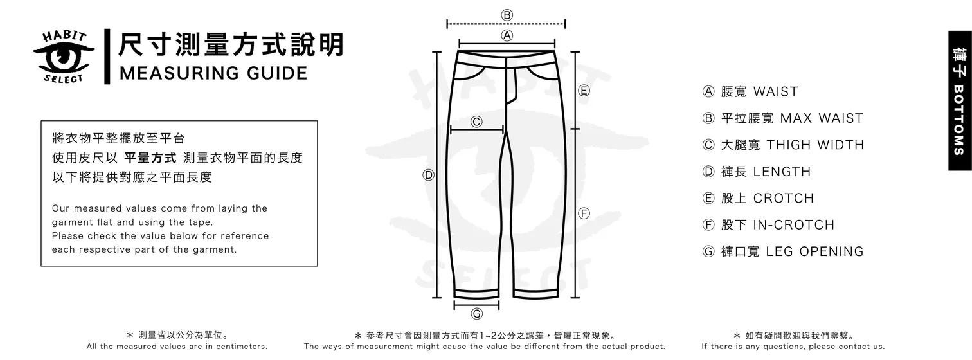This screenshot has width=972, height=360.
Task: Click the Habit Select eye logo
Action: coord(64,57)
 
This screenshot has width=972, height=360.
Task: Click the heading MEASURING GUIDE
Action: coord(213,73)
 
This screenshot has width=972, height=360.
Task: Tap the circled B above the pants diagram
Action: coord(507,15)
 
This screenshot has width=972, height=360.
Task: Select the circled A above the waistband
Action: coord(507,35)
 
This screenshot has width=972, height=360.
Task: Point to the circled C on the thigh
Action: coord(477,122)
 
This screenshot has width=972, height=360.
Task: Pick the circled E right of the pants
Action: coord(584,91)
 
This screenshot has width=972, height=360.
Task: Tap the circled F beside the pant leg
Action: coord(584,213)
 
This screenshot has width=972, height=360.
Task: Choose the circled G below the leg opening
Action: coord(477,314)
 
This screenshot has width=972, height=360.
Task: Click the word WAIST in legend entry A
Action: coord(775,92)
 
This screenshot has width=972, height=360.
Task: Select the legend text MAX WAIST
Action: coord(821,118)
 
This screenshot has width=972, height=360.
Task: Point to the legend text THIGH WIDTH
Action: coord(815,145)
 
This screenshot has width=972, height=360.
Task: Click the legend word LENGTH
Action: coord(782,172)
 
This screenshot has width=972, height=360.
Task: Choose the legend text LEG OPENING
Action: coord(815,251)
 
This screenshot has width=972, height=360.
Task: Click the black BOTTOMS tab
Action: coord(959,101)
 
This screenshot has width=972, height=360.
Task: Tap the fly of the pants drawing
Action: coord(510,84)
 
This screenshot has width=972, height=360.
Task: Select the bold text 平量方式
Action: coord(150,158)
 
